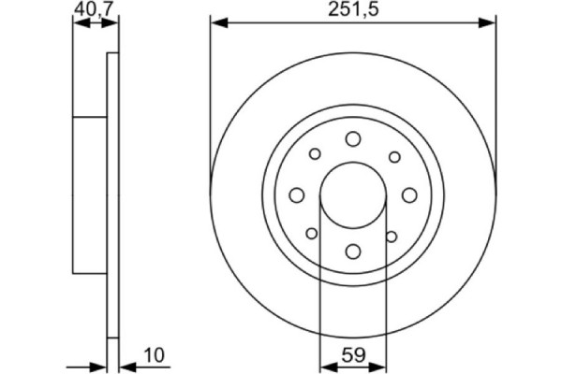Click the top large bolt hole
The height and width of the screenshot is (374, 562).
(353, 139)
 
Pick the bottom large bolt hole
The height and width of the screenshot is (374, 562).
(353, 251)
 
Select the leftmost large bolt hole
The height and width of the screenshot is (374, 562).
(297, 194)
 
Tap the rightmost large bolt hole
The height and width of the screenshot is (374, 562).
(409, 194)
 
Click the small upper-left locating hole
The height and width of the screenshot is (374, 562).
(315, 155)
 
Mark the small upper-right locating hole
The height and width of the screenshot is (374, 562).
(393, 156)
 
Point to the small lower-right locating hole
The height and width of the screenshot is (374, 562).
(393, 234)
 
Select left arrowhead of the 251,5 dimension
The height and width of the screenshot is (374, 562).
(215, 21)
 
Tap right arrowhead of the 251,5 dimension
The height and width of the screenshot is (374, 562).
(490, 21)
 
